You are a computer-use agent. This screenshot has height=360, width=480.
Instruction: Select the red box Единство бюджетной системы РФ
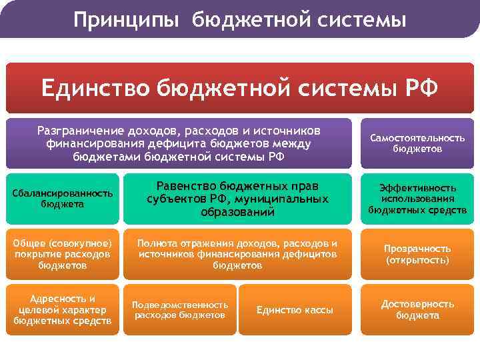coord(239,87)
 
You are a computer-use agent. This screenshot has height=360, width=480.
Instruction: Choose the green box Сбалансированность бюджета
coord(61,199)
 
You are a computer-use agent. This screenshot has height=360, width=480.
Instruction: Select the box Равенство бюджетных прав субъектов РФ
coord(237,199)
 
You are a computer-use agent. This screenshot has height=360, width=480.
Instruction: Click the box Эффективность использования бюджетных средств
coord(417,199)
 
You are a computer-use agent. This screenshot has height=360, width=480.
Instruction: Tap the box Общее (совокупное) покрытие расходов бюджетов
coord(61,253)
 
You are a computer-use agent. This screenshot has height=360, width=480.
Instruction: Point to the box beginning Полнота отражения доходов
coord(237,253)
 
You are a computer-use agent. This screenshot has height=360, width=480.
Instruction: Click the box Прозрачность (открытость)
coord(417,253)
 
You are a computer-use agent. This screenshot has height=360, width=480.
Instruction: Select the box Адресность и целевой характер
coord(61,310)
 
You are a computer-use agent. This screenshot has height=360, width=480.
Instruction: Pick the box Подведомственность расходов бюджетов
coord(179,310)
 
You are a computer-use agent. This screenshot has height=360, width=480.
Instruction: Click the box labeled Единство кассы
coord(295,310)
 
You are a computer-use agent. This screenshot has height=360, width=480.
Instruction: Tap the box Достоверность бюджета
coord(417,310)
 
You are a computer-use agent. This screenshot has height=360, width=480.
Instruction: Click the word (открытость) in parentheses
coord(417,260)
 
